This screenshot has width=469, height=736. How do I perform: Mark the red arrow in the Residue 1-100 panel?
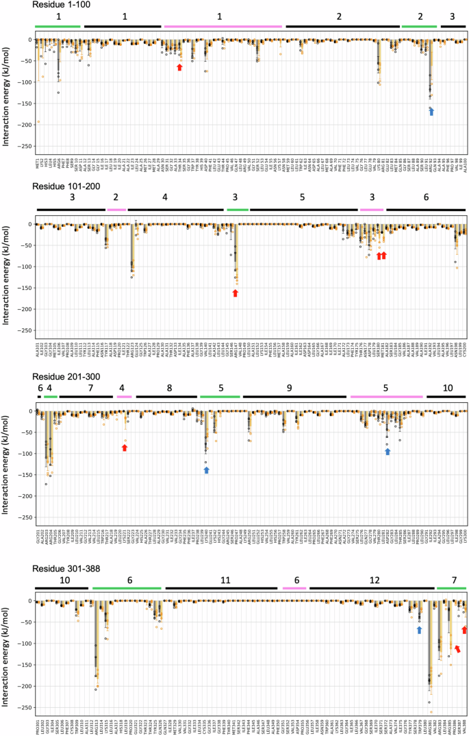179,67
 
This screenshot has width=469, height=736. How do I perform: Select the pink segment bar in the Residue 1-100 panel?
223,26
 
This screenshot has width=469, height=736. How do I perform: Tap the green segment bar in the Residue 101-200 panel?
238,209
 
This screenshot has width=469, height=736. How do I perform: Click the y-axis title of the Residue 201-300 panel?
7,459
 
